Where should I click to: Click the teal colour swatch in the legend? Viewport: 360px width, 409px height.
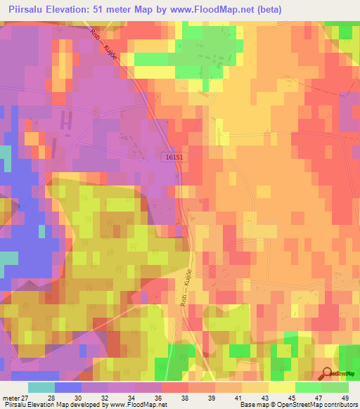[41, 388]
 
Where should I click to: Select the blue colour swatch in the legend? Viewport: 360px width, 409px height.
[67, 388]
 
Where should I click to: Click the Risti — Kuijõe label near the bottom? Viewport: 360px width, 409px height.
[188, 296]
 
